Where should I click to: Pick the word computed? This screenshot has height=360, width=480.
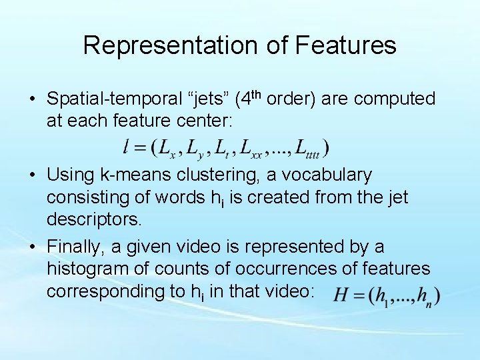tap(395, 99)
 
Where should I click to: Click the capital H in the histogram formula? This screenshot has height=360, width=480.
tap(342, 295)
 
